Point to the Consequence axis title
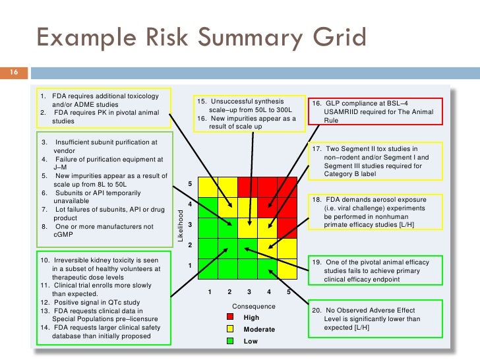coord(254,306)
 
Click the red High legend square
coord(229,317)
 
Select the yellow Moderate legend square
coord(229,329)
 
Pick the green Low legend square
coord(229,341)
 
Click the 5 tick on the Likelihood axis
coord(190,184)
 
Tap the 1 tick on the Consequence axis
coord(209,291)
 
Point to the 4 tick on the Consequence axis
coord(269,291)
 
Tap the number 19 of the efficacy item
coord(316,262)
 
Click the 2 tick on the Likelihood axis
coord(190,245)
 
